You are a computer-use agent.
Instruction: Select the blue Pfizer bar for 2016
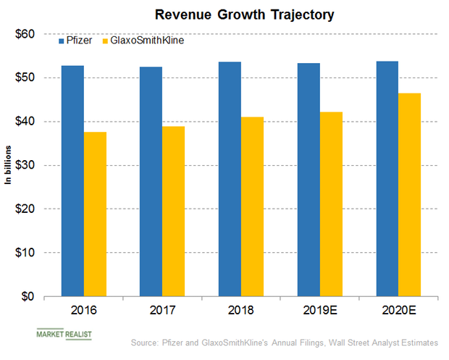(x=72, y=181)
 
